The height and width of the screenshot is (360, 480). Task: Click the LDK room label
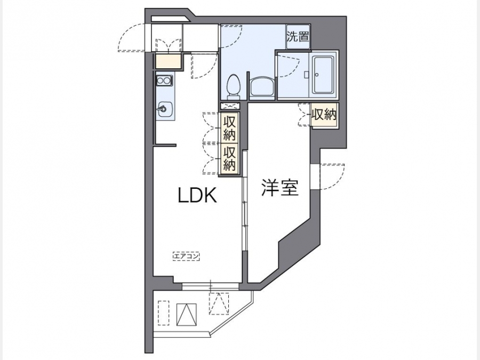197,195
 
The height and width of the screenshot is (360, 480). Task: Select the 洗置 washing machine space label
298,37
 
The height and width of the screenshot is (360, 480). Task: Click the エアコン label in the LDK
186,256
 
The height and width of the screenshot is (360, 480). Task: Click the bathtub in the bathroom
323,75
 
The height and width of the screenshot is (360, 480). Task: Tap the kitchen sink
165,109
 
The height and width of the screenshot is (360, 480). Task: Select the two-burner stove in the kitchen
164,81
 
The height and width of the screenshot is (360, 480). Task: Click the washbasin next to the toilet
262,87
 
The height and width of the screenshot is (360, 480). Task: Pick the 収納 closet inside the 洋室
324,115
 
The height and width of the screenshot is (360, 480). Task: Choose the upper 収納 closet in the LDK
229,128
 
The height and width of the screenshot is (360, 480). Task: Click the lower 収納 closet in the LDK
229,159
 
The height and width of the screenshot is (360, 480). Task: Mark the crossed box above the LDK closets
229,106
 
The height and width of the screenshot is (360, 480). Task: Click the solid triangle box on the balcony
187,315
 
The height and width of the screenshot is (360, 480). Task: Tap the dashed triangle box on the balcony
219,303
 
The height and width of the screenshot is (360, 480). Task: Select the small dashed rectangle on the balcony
164,313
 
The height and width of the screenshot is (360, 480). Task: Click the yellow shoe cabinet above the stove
168,61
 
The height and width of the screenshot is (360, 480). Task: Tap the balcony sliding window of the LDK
210,286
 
